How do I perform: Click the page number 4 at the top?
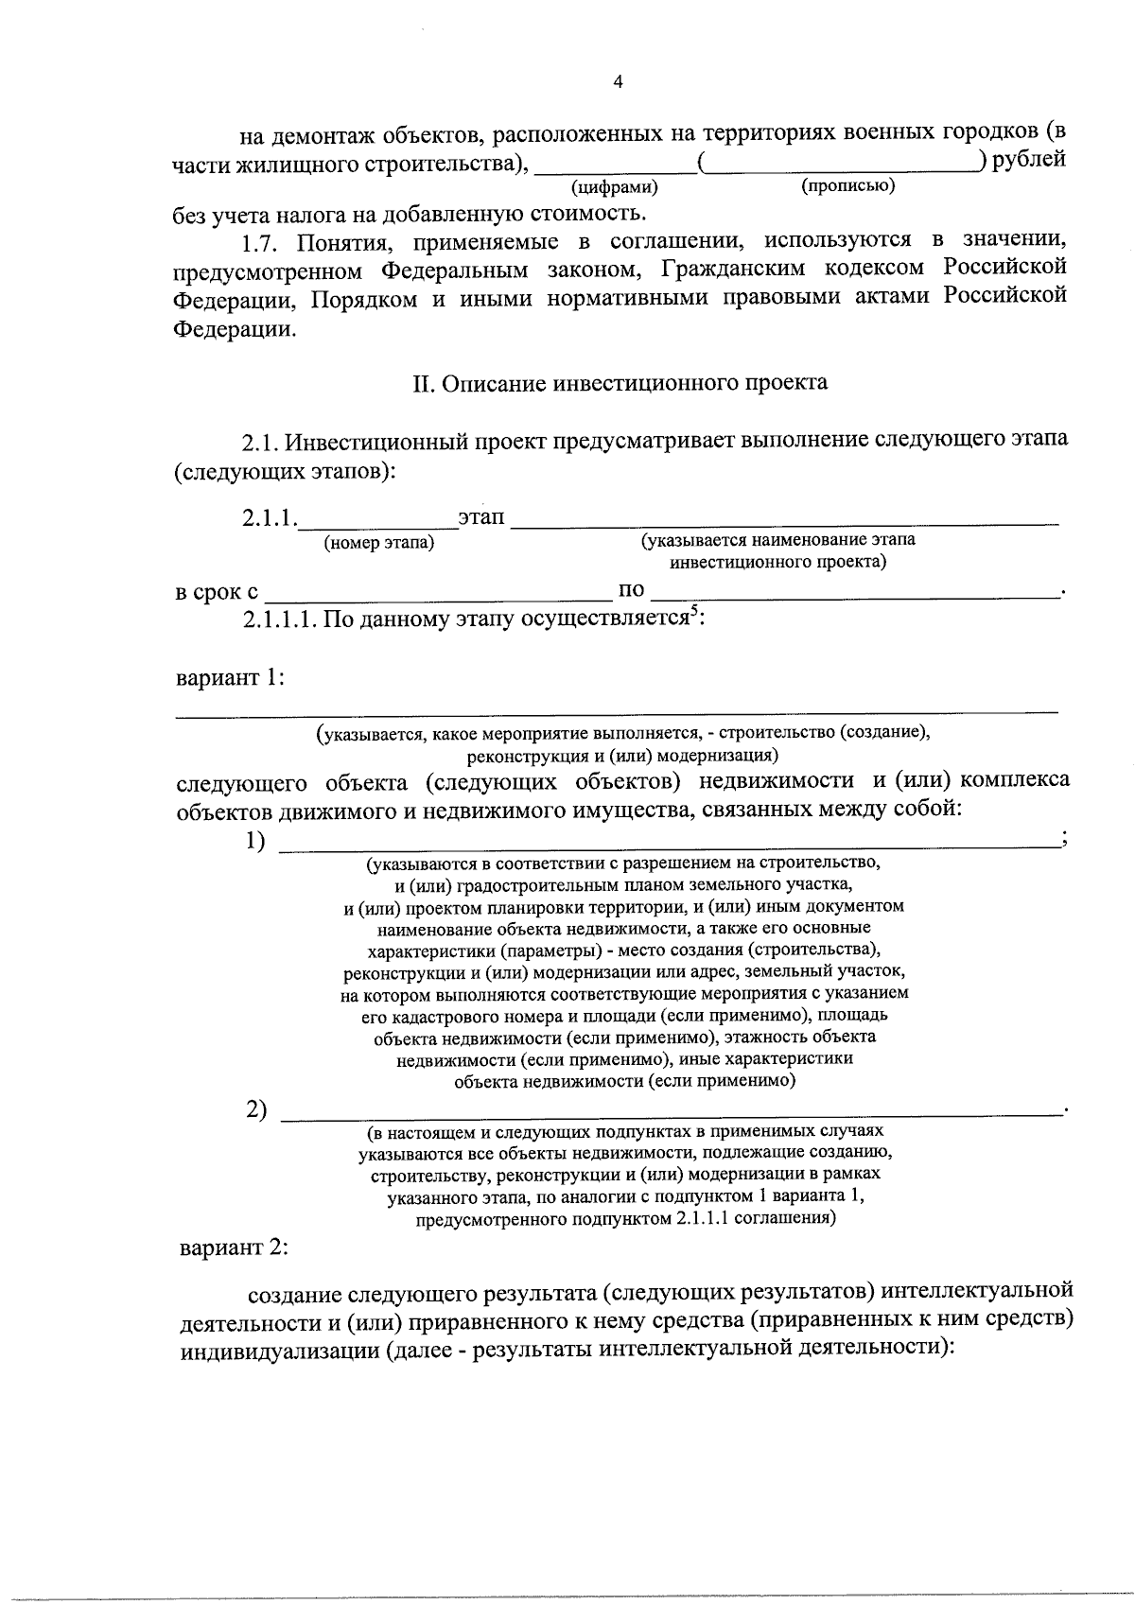click(x=618, y=82)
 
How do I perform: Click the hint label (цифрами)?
click(x=615, y=187)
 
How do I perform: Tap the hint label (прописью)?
click(x=847, y=186)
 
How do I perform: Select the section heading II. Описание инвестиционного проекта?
click(x=620, y=383)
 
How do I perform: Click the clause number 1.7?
click(x=262, y=242)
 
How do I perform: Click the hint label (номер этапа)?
click(x=379, y=543)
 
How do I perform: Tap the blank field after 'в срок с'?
click(x=438, y=594)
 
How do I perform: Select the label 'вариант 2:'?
click(x=234, y=1247)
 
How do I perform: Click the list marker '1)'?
click(x=255, y=841)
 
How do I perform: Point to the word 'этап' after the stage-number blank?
click(x=480, y=518)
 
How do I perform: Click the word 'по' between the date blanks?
click(x=631, y=591)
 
